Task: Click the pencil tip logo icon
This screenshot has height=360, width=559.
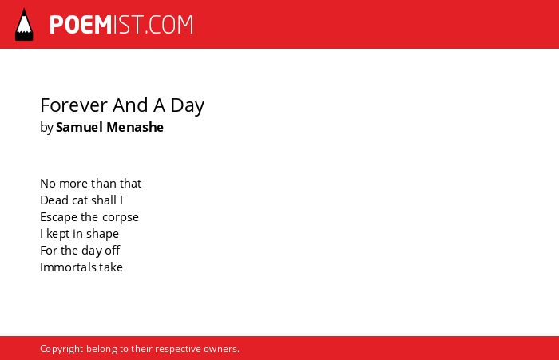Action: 24,24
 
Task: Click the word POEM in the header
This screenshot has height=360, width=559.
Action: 81,25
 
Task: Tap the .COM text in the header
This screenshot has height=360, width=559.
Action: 169,25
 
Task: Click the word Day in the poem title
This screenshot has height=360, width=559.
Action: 188,106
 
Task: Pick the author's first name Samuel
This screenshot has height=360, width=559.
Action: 80,127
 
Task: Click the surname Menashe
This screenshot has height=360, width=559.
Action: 135,127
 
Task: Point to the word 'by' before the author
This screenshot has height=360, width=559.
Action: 46,128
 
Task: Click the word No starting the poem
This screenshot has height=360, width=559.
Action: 48,184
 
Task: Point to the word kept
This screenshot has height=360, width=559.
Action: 58,234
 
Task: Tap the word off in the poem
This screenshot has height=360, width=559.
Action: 113,251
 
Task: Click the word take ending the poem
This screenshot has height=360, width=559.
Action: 111,267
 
